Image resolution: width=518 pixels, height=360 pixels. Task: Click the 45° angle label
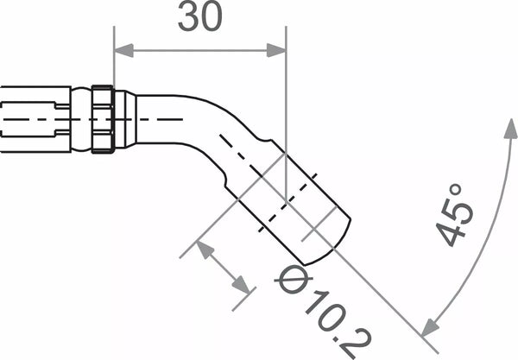coord(455,214)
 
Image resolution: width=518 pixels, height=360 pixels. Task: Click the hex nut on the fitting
coord(103,119)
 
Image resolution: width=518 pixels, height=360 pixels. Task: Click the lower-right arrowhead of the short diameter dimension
coord(244,288)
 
